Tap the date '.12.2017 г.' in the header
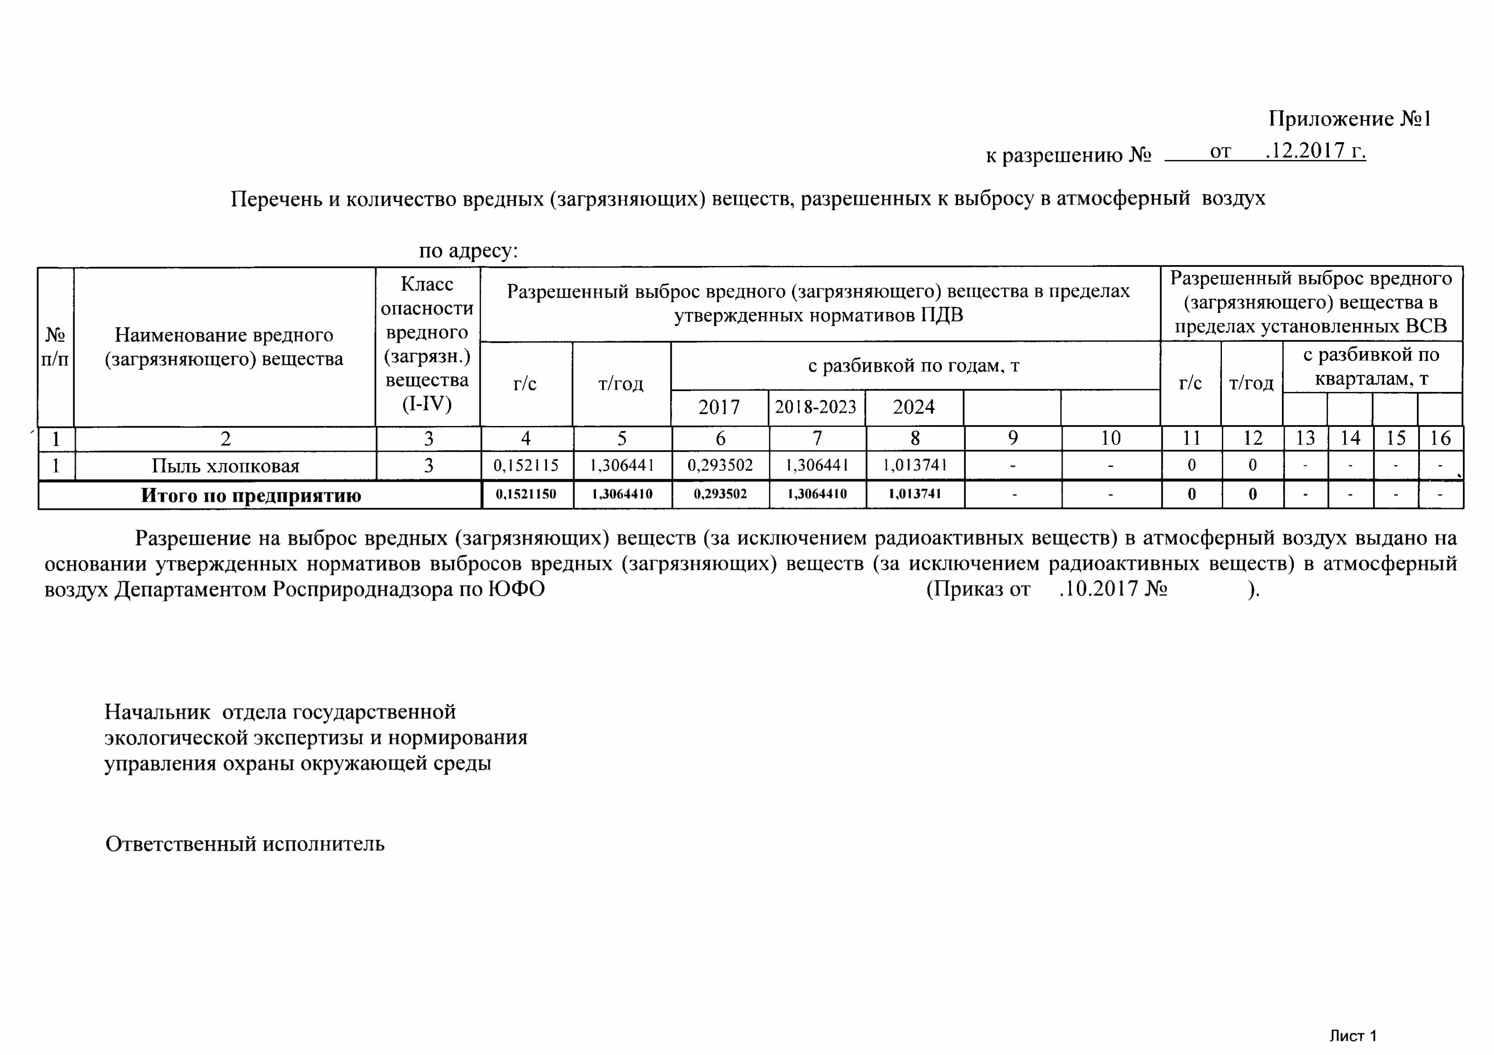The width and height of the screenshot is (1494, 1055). click(1314, 151)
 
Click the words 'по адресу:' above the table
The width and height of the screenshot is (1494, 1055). click(468, 250)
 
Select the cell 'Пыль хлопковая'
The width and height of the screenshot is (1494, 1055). click(225, 466)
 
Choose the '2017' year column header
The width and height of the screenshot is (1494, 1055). click(719, 407)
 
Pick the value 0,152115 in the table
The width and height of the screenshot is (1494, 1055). click(526, 466)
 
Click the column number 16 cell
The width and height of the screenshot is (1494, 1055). click(1440, 438)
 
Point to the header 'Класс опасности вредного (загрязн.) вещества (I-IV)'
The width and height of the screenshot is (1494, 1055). click(427, 344)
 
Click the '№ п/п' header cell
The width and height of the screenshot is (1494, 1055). click(55, 347)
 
